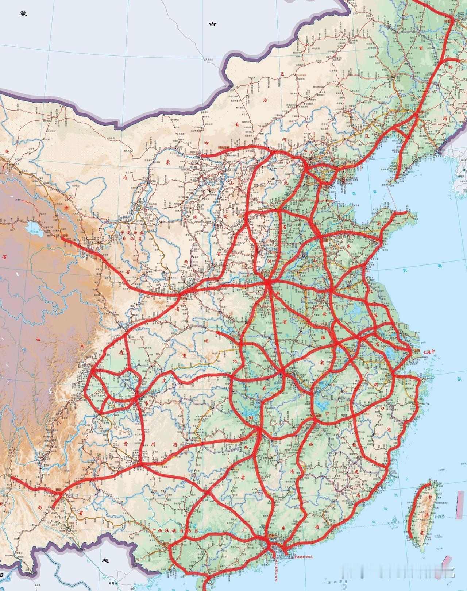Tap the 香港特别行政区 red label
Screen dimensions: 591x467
[303, 557]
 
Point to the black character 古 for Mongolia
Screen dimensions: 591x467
[212, 24]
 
